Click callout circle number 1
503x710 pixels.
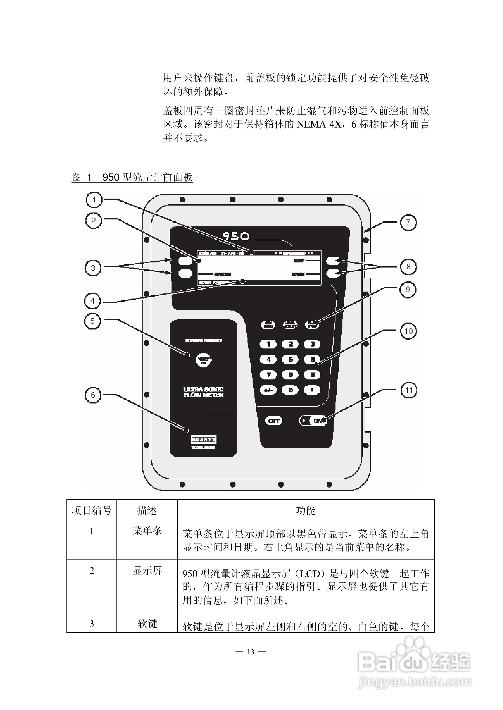point(94,200)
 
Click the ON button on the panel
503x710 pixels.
point(314,420)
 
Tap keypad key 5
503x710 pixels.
point(291,359)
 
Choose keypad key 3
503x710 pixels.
point(312,344)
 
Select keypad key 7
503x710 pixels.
point(269,375)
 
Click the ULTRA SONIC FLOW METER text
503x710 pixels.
point(203,392)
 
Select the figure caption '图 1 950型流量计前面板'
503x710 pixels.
point(132,177)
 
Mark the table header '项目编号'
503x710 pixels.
point(92,510)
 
